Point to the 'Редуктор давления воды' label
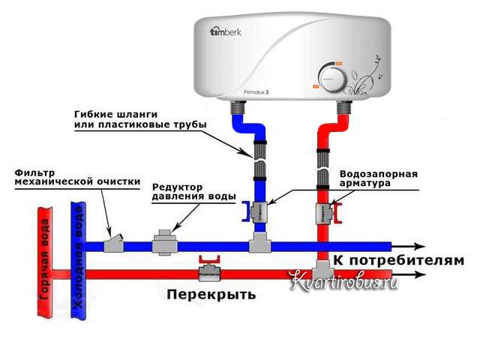(193, 191)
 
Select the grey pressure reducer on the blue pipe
(164, 244)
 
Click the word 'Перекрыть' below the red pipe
(211, 295)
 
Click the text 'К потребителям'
(394, 260)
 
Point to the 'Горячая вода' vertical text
(44, 259)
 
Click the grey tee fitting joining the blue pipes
(259, 242)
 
